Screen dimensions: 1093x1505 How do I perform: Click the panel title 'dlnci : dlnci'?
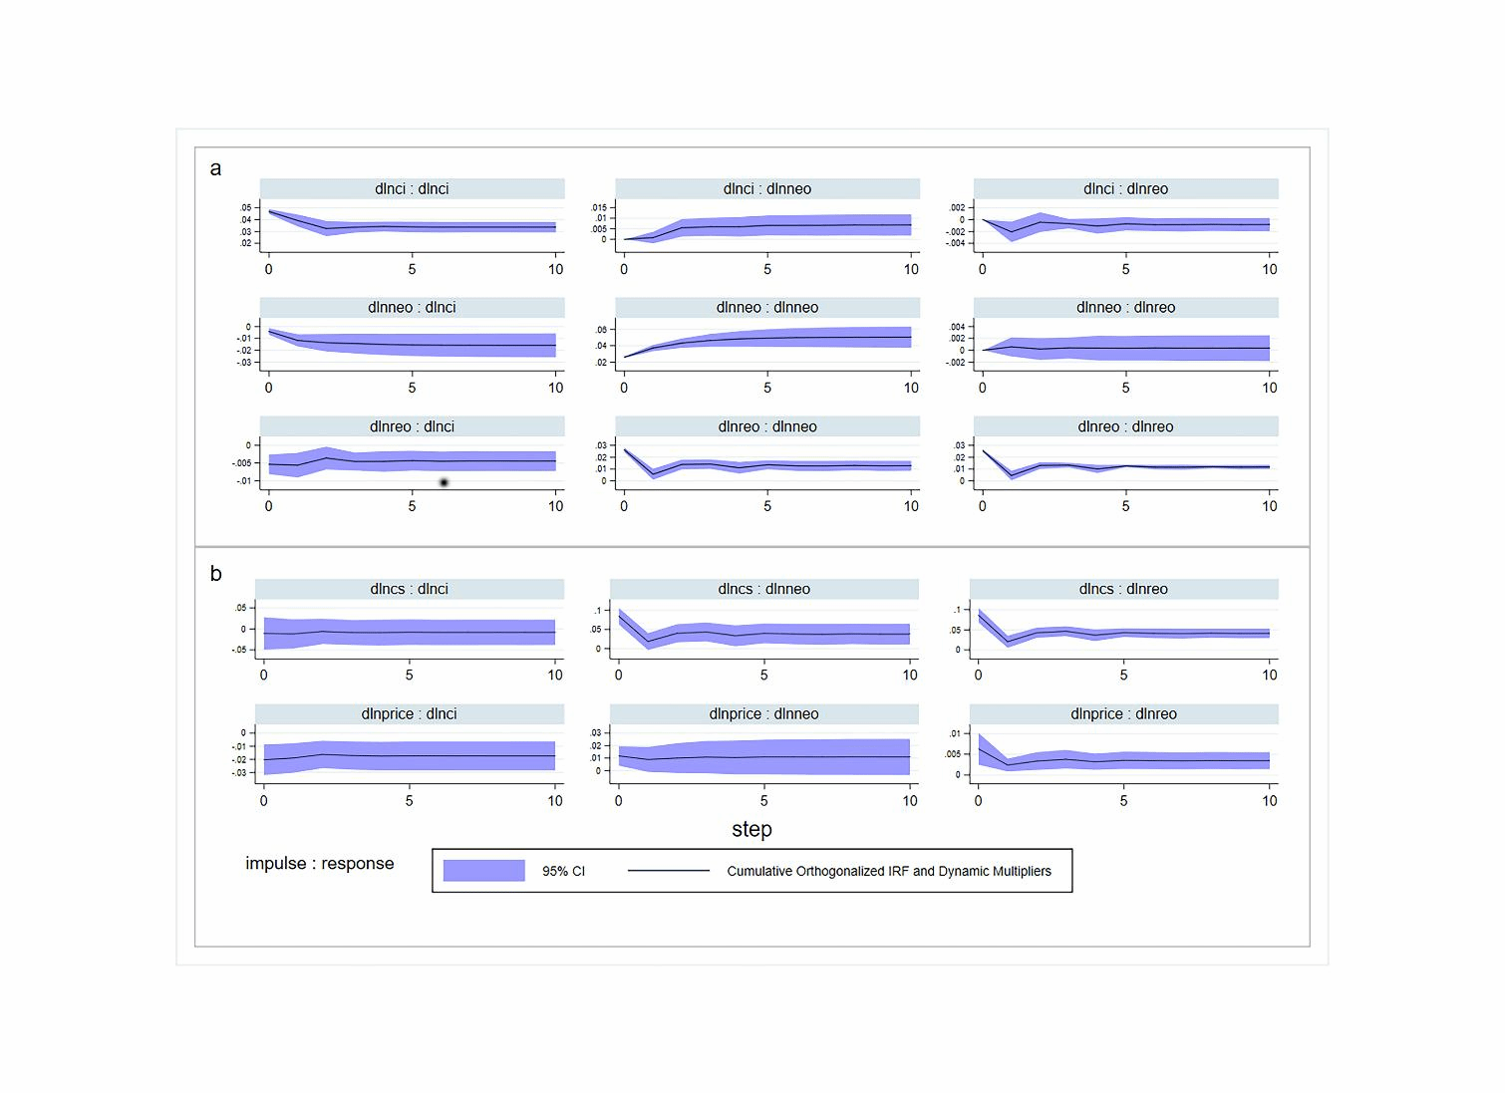(412, 189)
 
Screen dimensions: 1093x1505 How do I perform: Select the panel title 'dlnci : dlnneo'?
(766, 189)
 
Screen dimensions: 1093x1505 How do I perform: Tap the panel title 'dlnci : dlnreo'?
(1125, 189)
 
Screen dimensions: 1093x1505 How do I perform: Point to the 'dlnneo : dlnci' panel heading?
(412, 308)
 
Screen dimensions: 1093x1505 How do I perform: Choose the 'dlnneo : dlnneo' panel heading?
(766, 308)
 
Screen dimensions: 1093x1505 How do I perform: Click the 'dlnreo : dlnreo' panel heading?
(1125, 426)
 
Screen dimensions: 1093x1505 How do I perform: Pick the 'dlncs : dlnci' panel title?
(409, 589)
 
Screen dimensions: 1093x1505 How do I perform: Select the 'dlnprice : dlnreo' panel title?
(1123, 714)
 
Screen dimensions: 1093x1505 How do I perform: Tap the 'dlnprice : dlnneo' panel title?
(763, 714)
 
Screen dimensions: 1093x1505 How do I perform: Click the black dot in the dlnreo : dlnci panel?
(444, 482)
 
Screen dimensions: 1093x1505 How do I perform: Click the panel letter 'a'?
(215, 168)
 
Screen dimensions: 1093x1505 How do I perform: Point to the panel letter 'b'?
(215, 574)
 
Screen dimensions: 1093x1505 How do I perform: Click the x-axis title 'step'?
(752, 829)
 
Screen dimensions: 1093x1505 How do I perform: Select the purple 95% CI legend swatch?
(483, 871)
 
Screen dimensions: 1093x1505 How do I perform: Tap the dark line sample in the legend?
(668, 871)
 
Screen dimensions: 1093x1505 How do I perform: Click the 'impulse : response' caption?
(319, 864)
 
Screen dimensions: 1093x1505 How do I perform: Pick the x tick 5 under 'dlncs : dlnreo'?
(1123, 675)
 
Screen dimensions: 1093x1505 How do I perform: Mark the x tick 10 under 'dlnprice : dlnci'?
(555, 800)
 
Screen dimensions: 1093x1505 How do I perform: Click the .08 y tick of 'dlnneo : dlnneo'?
(601, 330)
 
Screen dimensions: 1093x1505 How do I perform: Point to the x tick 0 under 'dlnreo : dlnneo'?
(624, 506)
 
